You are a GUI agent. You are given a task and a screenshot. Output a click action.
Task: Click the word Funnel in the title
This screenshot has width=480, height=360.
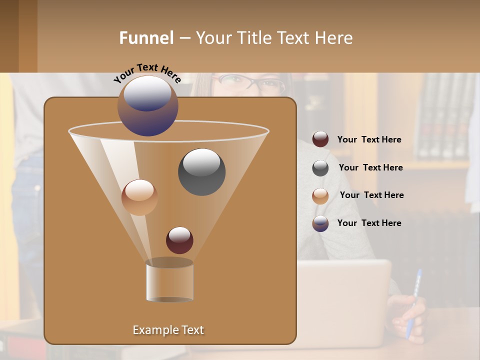point(146,38)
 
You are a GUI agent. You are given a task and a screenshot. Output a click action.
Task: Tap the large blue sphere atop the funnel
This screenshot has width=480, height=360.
point(148,105)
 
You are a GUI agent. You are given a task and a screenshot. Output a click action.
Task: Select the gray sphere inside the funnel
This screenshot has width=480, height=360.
point(201,171)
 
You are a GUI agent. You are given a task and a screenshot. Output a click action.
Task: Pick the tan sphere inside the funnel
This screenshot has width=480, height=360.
point(139,197)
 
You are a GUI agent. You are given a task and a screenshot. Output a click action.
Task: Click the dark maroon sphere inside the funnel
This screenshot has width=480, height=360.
point(179,240)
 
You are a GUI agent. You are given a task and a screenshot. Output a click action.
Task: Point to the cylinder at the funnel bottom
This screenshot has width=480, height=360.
point(169,281)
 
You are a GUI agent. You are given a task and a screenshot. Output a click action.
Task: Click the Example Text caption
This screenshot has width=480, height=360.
point(168,330)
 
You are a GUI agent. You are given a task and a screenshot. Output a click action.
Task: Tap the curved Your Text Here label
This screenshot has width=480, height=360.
point(147,72)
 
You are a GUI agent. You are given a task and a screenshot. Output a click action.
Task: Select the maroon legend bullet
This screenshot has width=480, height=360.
point(320,139)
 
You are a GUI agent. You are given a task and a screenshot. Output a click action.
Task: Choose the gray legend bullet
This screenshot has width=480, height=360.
point(320,168)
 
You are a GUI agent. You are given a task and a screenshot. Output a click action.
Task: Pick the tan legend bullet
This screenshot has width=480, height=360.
point(320,196)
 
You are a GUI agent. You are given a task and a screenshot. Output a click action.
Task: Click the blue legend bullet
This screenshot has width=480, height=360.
point(320,223)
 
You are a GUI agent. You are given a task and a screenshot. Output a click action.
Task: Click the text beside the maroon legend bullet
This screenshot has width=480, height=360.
point(369,139)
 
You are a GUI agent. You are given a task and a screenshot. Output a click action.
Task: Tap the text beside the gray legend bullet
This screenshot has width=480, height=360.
point(370,167)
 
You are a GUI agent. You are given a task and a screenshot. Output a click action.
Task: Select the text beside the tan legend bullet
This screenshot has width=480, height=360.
point(371,195)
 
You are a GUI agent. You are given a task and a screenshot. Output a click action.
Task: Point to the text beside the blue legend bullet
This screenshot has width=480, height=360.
point(369,223)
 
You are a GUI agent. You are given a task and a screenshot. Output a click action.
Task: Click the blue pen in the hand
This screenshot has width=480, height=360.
point(414,303)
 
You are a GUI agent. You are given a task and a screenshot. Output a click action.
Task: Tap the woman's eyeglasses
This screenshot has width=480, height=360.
point(251,83)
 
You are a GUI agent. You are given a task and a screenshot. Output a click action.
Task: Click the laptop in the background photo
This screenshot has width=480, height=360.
point(345,300)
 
